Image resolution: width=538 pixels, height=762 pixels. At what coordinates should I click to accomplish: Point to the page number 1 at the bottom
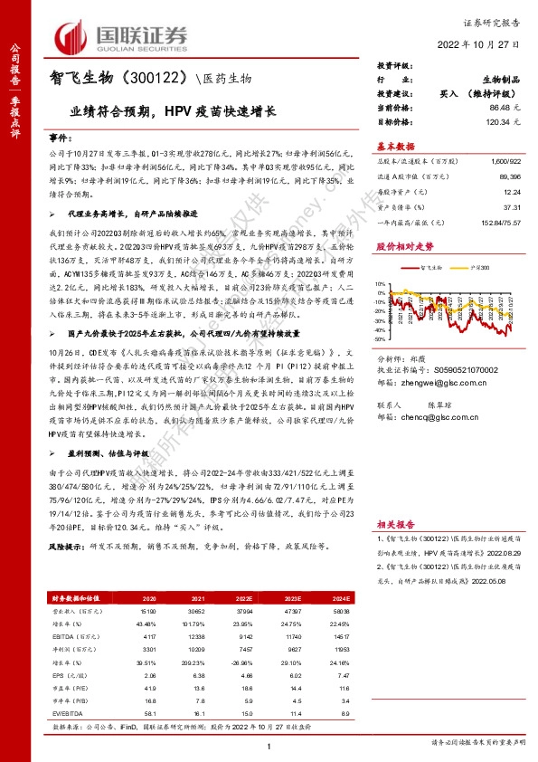click(x=269, y=745)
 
